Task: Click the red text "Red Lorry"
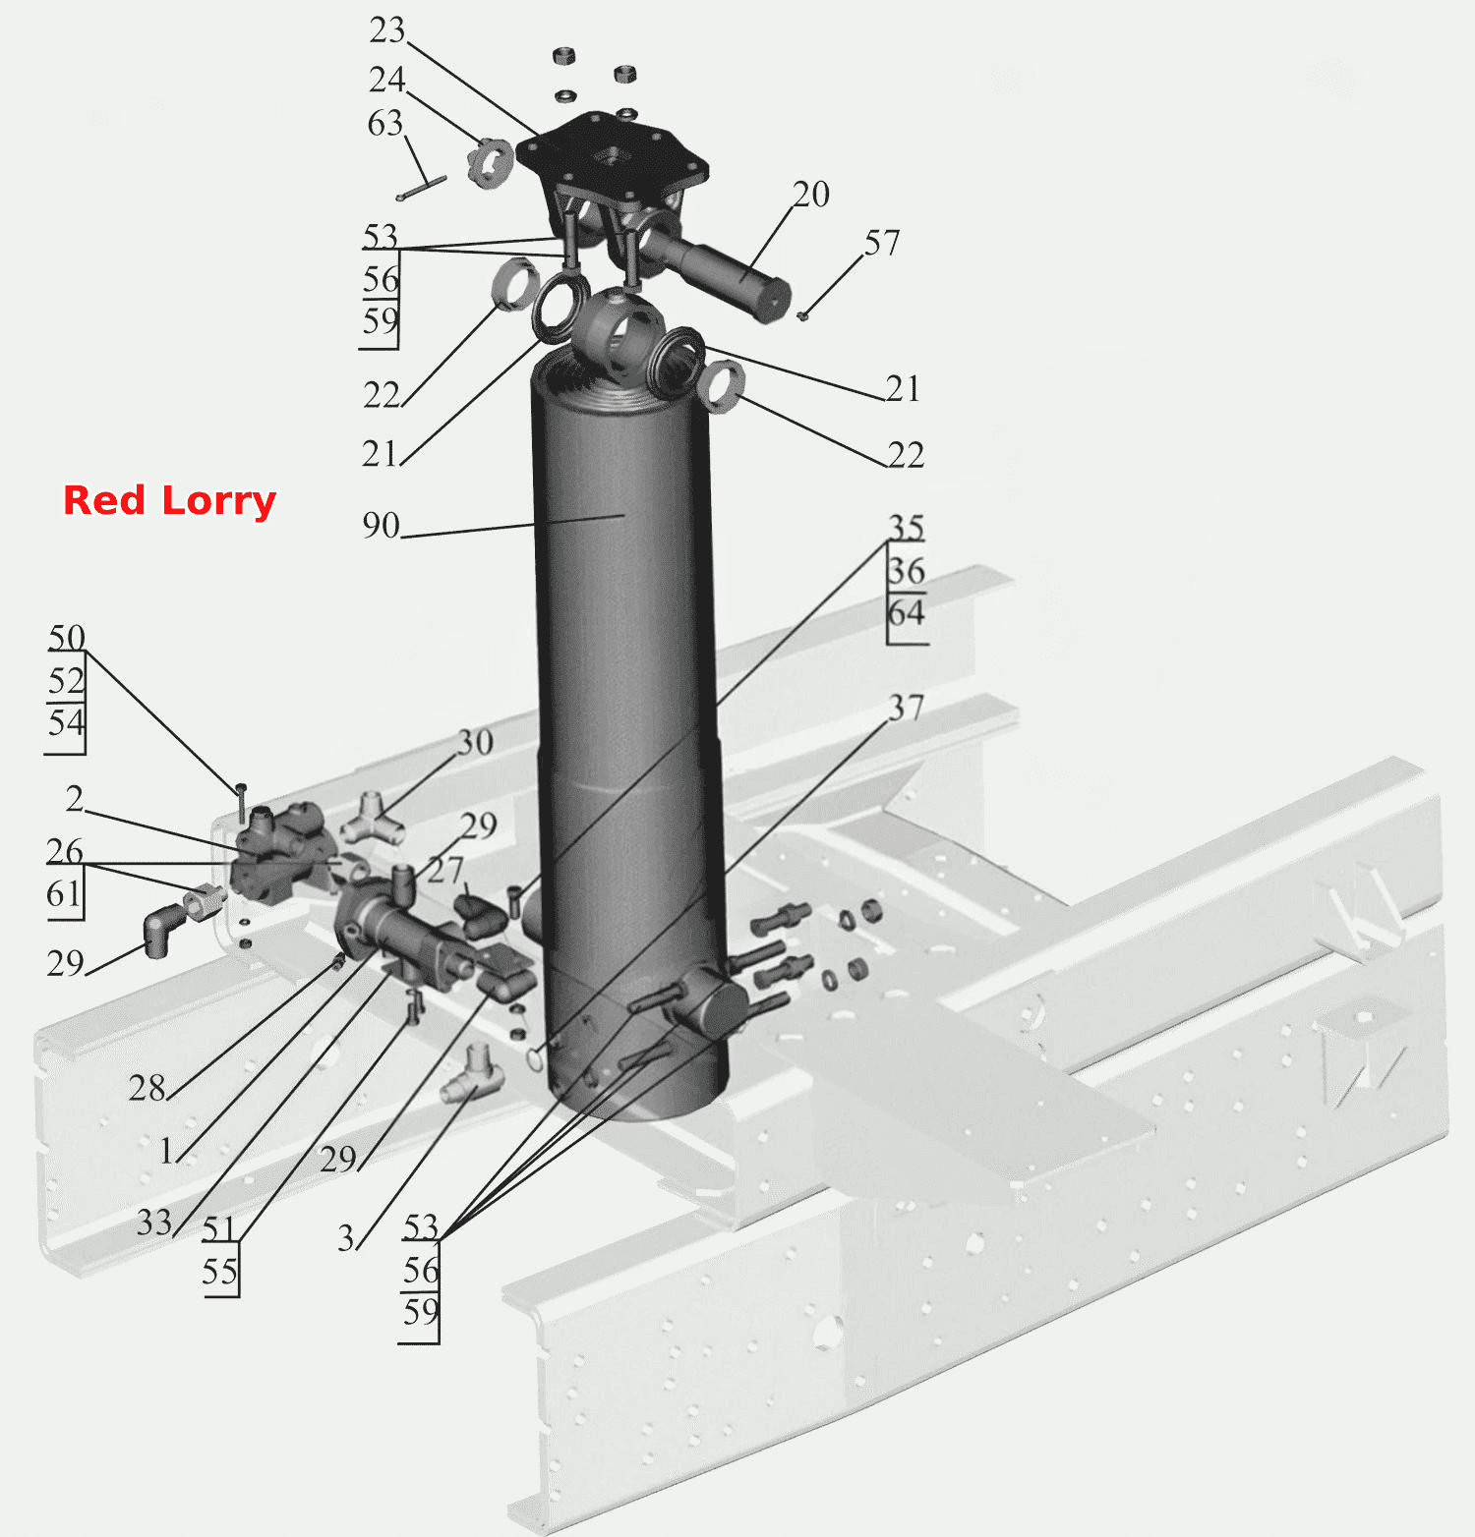coord(169,500)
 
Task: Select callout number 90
coord(381,525)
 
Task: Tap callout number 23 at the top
coord(386,30)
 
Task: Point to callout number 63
coord(384,123)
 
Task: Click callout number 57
coord(882,243)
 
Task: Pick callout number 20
coord(811,194)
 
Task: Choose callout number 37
coord(907,708)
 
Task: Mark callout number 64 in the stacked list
coord(907,613)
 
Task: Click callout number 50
coord(67,638)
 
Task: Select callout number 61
coord(64,893)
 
